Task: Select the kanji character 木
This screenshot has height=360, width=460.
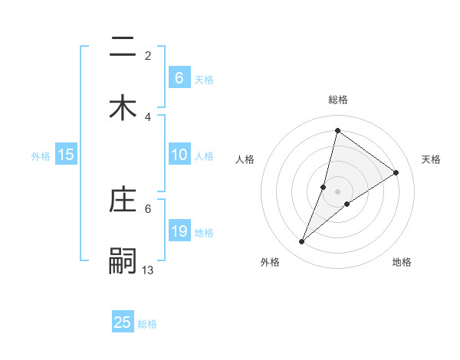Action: pyautogui.click(x=123, y=107)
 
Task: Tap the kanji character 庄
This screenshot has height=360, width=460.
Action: pyautogui.click(x=123, y=200)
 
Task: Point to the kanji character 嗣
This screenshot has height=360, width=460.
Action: pyautogui.click(x=123, y=261)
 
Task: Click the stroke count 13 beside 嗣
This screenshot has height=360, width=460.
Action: pyautogui.click(x=148, y=270)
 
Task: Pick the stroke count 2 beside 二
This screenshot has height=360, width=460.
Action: pyautogui.click(x=148, y=56)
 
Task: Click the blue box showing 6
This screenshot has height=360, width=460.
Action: pyautogui.click(x=179, y=77)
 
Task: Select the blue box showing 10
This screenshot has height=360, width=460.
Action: pyautogui.click(x=179, y=155)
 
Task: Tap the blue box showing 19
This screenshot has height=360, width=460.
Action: pyautogui.click(x=179, y=231)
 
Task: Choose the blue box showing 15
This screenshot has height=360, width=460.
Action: pyautogui.click(x=66, y=155)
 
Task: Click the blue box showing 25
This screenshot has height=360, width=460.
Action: pyautogui.click(x=123, y=322)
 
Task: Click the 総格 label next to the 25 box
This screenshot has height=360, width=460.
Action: pyautogui.click(x=147, y=324)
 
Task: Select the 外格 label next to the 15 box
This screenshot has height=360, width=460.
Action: pyautogui.click(x=41, y=156)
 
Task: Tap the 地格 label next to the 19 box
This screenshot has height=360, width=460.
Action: pyautogui.click(x=204, y=233)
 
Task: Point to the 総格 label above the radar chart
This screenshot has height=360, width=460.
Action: pyautogui.click(x=337, y=100)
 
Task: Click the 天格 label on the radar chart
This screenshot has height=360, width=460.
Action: pyautogui.click(x=431, y=159)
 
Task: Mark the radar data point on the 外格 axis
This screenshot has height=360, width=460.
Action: pyautogui.click(x=302, y=242)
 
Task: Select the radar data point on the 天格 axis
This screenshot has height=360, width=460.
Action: pyautogui.click(x=396, y=172)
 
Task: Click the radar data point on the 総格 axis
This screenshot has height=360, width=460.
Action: pyautogui.click(x=337, y=130)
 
